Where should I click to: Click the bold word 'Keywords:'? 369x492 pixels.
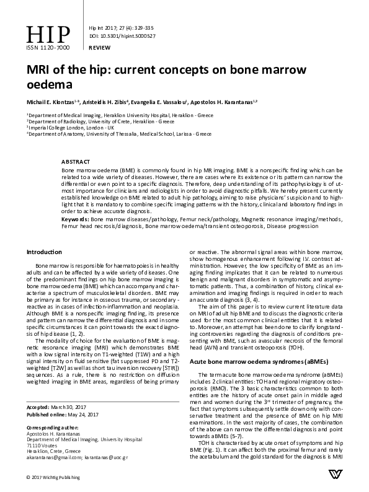coord(76,219)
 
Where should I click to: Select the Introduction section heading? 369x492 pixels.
coord(44,252)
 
